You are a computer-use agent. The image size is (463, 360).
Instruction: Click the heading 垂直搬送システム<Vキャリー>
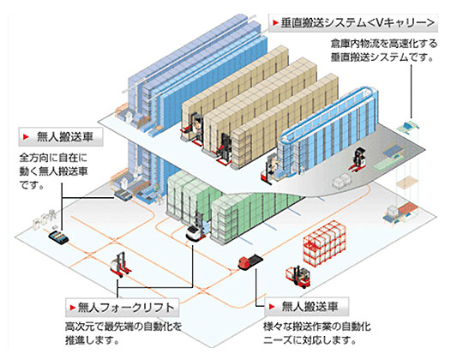[x=358, y=23]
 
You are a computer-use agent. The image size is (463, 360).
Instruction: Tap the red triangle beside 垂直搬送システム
[x=275, y=23]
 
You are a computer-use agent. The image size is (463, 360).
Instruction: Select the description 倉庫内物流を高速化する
[x=384, y=44]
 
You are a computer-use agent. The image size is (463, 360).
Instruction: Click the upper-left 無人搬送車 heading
[x=65, y=137]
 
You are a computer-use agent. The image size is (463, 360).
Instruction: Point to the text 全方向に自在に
[x=53, y=158]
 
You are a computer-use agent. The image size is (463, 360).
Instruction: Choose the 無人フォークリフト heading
[x=126, y=308]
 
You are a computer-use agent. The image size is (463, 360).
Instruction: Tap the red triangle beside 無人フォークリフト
[x=73, y=308]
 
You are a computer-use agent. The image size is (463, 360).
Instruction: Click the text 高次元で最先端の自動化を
[x=123, y=327]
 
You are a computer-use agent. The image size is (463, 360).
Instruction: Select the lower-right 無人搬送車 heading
[x=310, y=307]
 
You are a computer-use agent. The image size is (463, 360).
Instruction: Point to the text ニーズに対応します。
[x=310, y=340]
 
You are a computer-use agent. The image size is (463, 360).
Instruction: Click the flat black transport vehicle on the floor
[x=59, y=237]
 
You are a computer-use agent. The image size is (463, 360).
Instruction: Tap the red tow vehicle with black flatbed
[x=250, y=262]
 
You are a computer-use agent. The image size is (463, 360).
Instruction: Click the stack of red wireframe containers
[x=324, y=244]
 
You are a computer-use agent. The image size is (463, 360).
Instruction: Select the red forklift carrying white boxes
[x=298, y=276]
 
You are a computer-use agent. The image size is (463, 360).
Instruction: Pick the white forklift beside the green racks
[x=196, y=231]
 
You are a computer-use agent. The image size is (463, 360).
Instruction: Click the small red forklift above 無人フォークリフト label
[x=121, y=264]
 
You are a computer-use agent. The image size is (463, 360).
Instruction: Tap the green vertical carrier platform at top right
[x=408, y=128]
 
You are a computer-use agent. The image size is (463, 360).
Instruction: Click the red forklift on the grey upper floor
[x=358, y=159]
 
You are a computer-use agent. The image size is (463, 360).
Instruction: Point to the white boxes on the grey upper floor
[x=342, y=181]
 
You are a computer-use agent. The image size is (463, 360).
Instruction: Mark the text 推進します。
[x=92, y=340]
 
